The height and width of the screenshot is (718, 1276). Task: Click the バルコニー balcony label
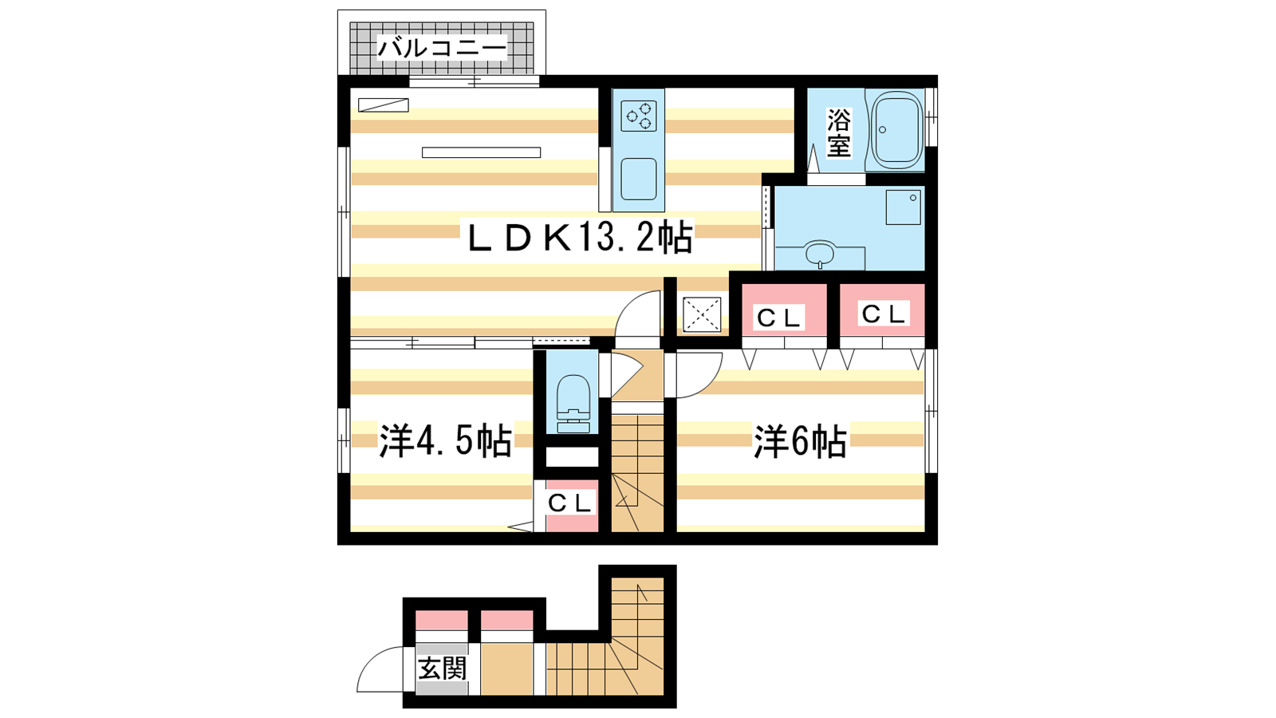click(x=442, y=48)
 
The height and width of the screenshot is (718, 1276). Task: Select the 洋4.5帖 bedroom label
click(x=446, y=440)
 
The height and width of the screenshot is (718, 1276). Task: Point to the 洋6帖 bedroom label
click(x=800, y=440)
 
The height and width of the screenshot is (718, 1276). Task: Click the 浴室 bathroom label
click(x=838, y=133)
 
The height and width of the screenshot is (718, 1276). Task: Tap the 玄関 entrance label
click(x=443, y=669)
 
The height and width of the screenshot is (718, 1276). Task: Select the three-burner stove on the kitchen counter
click(x=639, y=116)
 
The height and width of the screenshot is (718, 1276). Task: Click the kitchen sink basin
click(x=639, y=179)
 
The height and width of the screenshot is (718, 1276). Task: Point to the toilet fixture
click(x=573, y=404)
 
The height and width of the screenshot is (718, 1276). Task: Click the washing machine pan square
click(x=903, y=207)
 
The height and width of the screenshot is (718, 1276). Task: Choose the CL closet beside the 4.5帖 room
click(x=572, y=506)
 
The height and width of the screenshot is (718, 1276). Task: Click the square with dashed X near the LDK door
click(x=702, y=314)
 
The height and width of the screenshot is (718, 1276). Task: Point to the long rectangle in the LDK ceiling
click(x=482, y=152)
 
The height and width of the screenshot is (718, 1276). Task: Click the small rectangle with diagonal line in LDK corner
click(x=384, y=105)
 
